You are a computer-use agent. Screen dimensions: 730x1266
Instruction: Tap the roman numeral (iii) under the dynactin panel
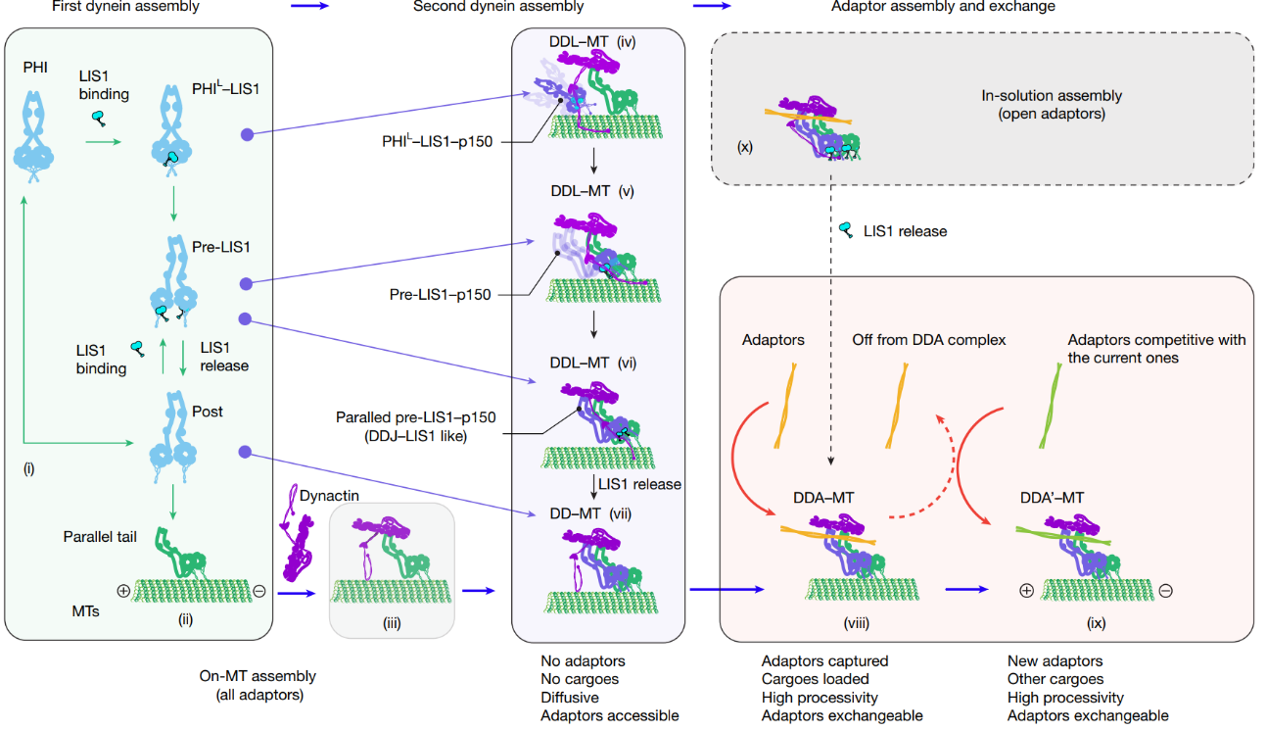(x=392, y=621)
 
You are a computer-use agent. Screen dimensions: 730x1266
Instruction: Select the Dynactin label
(x=329, y=496)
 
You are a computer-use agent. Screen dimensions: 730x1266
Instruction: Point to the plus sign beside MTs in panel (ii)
(x=124, y=592)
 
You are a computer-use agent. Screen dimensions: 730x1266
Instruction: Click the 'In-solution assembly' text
(x=1052, y=96)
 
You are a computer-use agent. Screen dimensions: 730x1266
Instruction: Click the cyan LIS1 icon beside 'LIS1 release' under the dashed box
(x=846, y=230)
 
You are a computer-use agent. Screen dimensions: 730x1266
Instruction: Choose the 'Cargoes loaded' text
(x=815, y=679)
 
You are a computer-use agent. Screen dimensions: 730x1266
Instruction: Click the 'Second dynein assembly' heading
(x=498, y=7)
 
